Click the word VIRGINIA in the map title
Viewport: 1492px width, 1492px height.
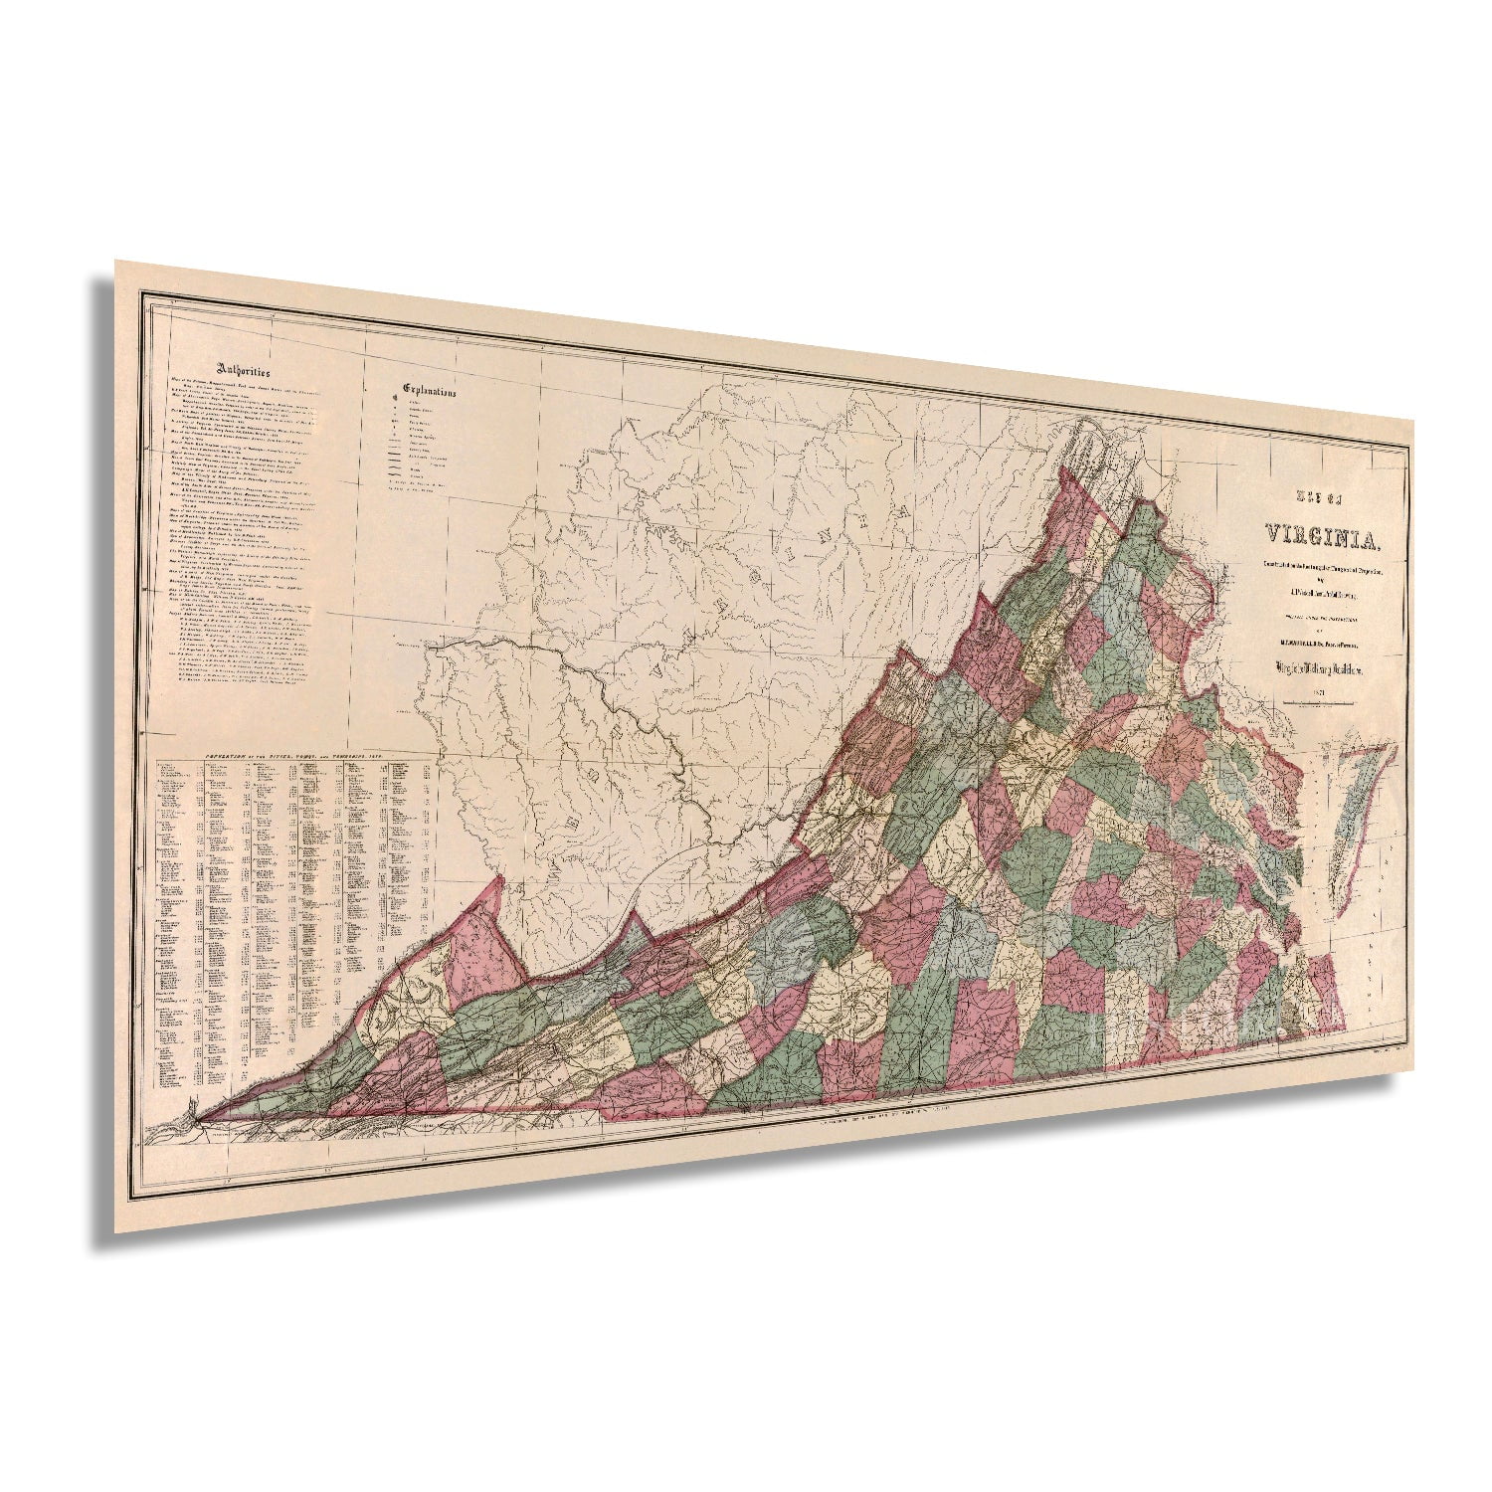click(x=1322, y=537)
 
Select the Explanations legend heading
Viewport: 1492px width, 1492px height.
click(x=430, y=389)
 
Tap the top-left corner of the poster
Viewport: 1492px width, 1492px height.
click(x=116, y=263)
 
